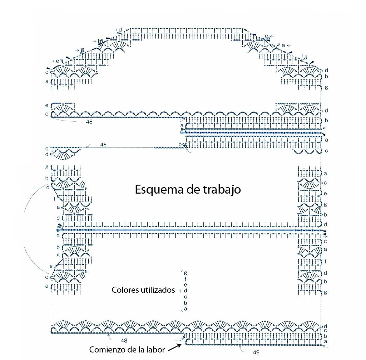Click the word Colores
coord(124,290)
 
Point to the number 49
coord(256,352)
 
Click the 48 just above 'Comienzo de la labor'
coord(124,340)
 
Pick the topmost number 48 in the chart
coord(90,122)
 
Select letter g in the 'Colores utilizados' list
coord(185,272)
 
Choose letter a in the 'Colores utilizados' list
coord(185,308)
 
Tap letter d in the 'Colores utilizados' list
coord(185,290)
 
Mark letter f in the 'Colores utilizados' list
coord(185,278)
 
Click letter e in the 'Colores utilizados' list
coord(185,284)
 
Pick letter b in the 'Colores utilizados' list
coord(185,302)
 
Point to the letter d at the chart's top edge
coord(120,29)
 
